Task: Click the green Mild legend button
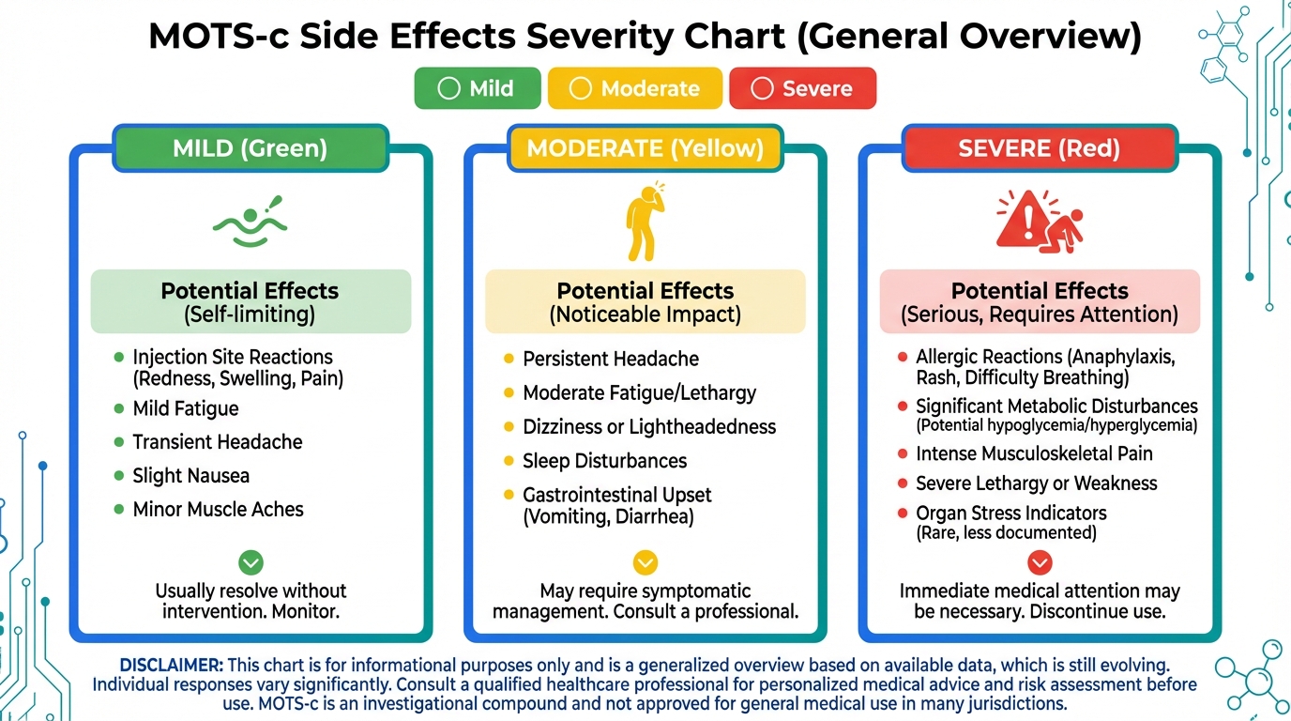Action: tap(478, 88)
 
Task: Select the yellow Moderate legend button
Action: tap(634, 88)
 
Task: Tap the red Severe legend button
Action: tap(802, 88)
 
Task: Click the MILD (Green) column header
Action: tap(250, 148)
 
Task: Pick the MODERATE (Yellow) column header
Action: tap(645, 148)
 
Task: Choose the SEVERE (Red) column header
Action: tap(1039, 148)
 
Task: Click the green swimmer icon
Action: tap(250, 222)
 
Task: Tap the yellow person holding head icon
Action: tap(644, 222)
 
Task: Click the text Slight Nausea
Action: tap(191, 476)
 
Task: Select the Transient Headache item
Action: tap(218, 442)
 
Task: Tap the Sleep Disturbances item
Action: tap(605, 461)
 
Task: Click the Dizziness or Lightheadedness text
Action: tap(649, 427)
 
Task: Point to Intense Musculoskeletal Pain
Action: tap(1034, 453)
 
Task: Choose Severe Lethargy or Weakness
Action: tap(1037, 483)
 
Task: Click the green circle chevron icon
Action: tap(251, 562)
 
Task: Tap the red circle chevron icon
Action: tap(1040, 562)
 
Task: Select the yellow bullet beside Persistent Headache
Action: tap(509, 359)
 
